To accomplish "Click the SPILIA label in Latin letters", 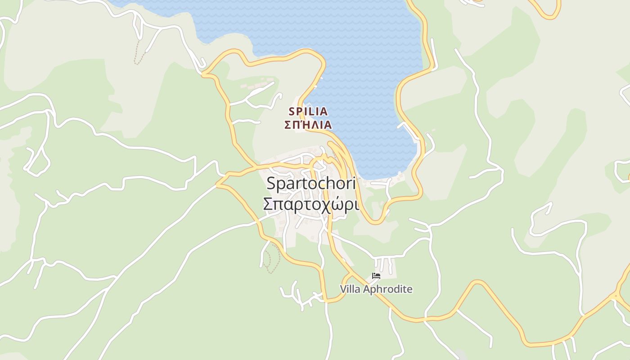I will tap(308, 111).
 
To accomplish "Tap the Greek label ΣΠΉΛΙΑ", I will tap(308, 125).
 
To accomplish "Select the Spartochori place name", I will tap(311, 183).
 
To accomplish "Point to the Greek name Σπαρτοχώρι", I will tap(311, 204).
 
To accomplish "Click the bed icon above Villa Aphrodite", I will tap(376, 276).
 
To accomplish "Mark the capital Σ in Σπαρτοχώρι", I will tap(268, 204).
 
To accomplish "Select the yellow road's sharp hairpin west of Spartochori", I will tap(218, 184).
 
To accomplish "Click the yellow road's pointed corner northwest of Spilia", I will tap(203, 73).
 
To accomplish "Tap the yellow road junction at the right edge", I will tap(616, 296).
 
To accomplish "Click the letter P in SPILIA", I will tap(298, 111).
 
